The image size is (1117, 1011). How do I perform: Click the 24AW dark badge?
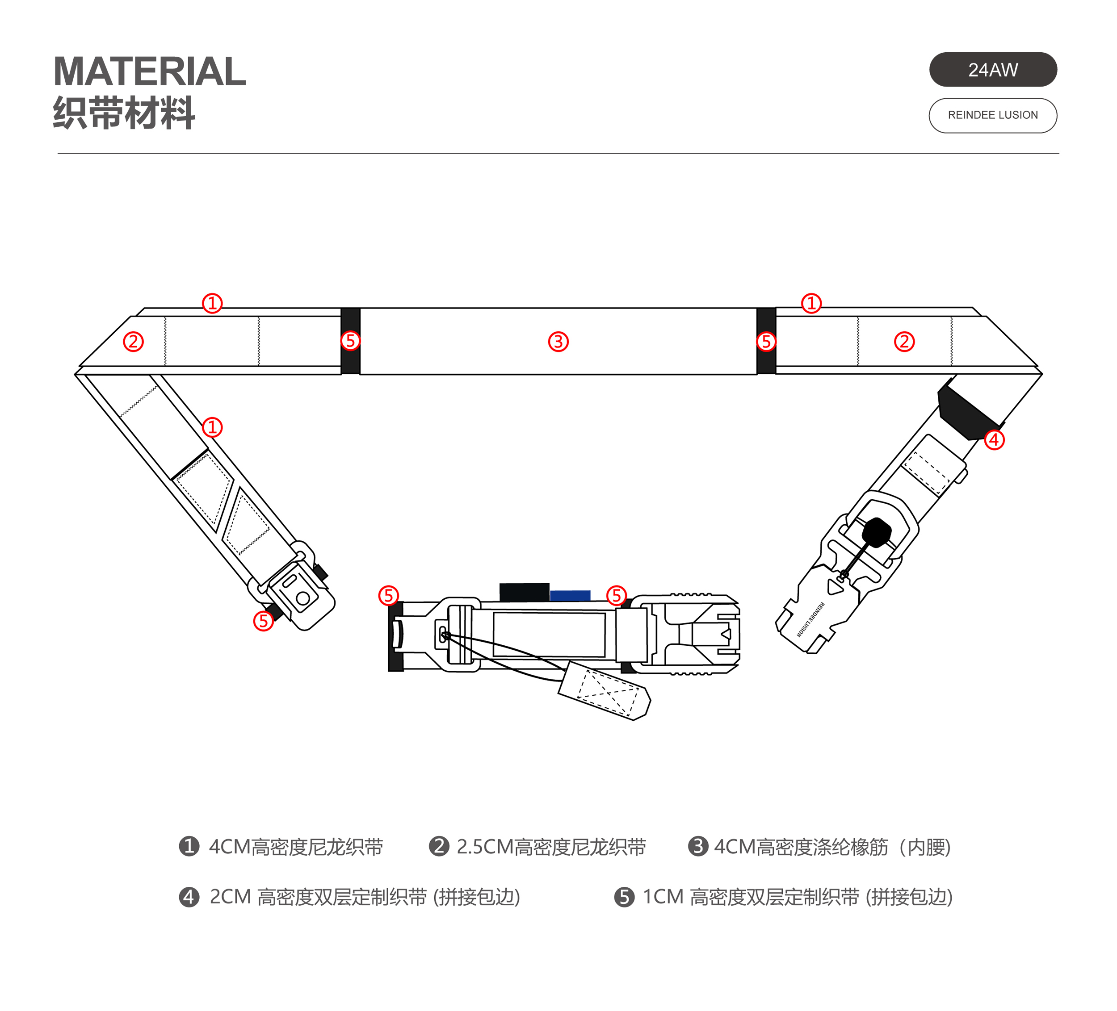pos(992,70)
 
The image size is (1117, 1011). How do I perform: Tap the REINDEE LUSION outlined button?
pos(992,115)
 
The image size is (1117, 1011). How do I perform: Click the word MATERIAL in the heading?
pos(150,71)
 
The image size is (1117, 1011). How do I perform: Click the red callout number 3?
pos(558,342)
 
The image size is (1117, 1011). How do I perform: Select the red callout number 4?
pos(994,440)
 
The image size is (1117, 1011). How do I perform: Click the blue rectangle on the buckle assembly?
pos(570,596)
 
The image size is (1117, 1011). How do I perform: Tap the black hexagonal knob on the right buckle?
pos(876,532)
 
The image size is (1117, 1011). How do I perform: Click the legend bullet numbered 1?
pos(189,846)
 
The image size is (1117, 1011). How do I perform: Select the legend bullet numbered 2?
pos(439,846)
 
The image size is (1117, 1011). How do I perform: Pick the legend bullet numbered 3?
pos(697,846)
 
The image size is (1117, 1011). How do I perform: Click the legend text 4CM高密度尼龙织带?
pos(296,847)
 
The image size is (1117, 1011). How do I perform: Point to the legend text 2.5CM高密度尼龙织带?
pos(551,847)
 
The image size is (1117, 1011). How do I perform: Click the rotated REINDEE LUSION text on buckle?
pos(810,619)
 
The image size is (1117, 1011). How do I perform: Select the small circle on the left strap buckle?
pos(302,598)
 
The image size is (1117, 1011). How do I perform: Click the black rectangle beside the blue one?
pos(524,592)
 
